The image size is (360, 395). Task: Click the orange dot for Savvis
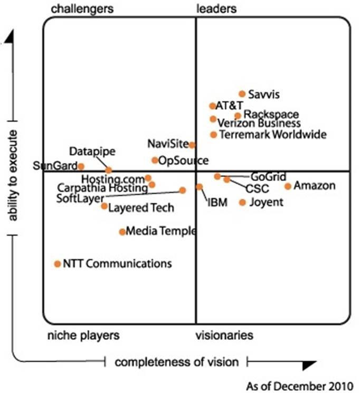(x=242, y=94)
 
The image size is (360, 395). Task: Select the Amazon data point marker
(x=288, y=186)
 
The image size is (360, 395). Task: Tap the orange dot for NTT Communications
(x=58, y=264)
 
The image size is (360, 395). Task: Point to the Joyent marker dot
(x=242, y=202)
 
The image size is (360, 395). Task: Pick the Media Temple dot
(x=122, y=231)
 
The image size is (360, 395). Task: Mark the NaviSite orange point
(x=192, y=145)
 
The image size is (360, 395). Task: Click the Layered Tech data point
(x=105, y=206)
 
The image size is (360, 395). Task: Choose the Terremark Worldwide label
(x=272, y=135)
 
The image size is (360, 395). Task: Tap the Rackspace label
(x=272, y=115)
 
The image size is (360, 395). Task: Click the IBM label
(x=217, y=202)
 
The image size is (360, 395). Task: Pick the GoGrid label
(x=269, y=176)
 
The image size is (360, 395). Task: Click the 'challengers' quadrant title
(x=83, y=8)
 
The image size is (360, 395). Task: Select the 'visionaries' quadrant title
(x=224, y=335)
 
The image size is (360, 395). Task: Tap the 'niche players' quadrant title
(x=83, y=335)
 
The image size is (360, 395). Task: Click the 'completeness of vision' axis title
(x=177, y=362)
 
